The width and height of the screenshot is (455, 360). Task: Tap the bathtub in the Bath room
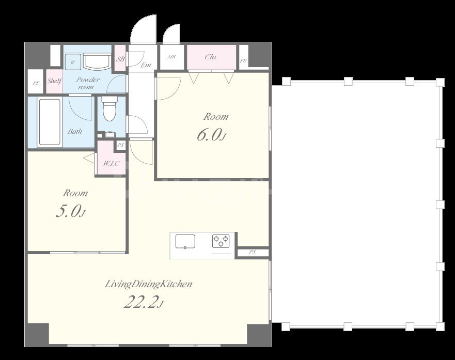click(50, 122)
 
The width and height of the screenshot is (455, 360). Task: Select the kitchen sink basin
click(185, 242)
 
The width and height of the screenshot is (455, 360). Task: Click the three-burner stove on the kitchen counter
click(221, 241)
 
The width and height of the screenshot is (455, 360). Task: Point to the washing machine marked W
click(72, 62)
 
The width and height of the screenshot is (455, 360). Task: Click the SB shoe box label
click(120, 59)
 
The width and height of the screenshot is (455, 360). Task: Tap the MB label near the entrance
click(171, 57)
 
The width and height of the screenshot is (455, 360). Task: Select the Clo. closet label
click(211, 57)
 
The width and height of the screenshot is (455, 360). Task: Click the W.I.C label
click(111, 163)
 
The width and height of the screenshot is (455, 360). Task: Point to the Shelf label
click(54, 81)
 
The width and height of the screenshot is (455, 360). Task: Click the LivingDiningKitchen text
click(148, 284)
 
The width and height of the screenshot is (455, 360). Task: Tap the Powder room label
click(87, 83)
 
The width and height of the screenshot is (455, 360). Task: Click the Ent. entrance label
click(146, 65)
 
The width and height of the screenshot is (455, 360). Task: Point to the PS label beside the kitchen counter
click(252, 252)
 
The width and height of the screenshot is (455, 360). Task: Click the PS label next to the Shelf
click(36, 83)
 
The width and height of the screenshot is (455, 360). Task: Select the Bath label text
click(75, 131)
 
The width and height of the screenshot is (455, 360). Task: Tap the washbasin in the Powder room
click(97, 61)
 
